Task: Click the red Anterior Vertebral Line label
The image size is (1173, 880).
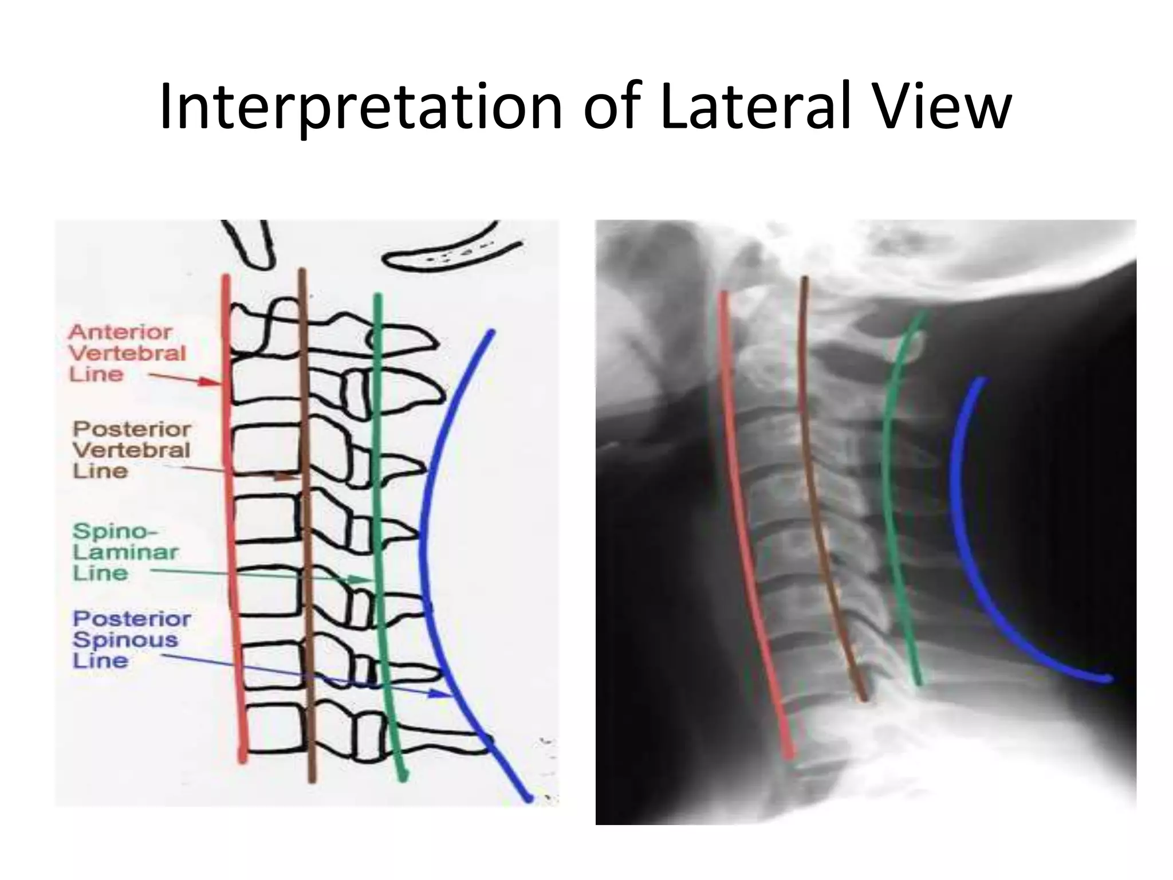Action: pos(126,353)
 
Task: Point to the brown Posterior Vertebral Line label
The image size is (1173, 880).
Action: pos(132,450)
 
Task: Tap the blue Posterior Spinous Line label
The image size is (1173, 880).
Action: pos(131,639)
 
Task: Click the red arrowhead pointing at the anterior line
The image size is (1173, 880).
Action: pos(210,382)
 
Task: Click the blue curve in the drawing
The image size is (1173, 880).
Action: pos(423,544)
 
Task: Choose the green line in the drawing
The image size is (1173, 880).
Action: pos(378,516)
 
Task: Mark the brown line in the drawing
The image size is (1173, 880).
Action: pos(306,516)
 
